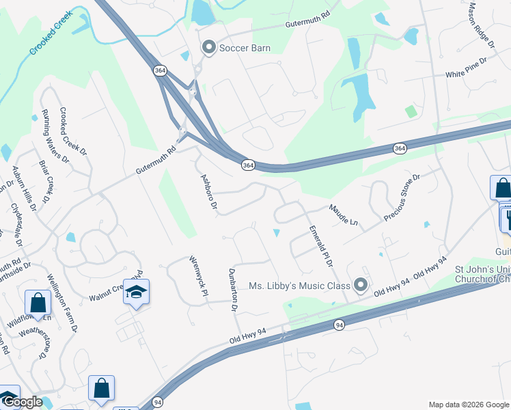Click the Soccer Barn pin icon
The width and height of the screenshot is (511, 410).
[x=208, y=48]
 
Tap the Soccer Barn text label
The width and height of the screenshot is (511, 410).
[x=245, y=49]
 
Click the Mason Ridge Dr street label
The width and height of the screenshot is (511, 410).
[x=480, y=25]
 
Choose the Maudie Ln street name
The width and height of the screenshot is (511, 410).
[x=343, y=214]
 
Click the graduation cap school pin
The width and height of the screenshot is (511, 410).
[x=137, y=292]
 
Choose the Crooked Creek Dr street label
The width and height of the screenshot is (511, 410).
[x=73, y=131]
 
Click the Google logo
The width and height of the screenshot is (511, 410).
[x=23, y=402]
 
